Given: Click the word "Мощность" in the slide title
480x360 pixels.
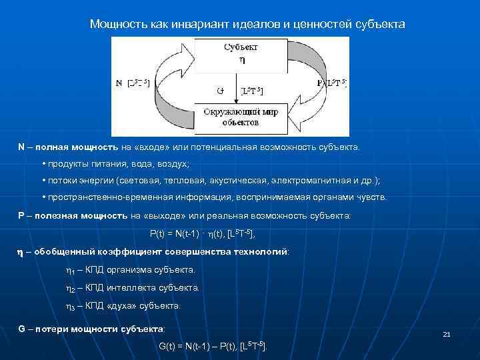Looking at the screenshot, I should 114,24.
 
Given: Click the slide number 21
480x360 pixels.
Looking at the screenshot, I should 447,334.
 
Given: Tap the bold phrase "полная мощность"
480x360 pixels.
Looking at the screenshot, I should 76,147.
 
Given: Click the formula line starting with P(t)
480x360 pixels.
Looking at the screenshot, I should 202,234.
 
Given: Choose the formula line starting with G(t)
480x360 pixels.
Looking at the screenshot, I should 213,346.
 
